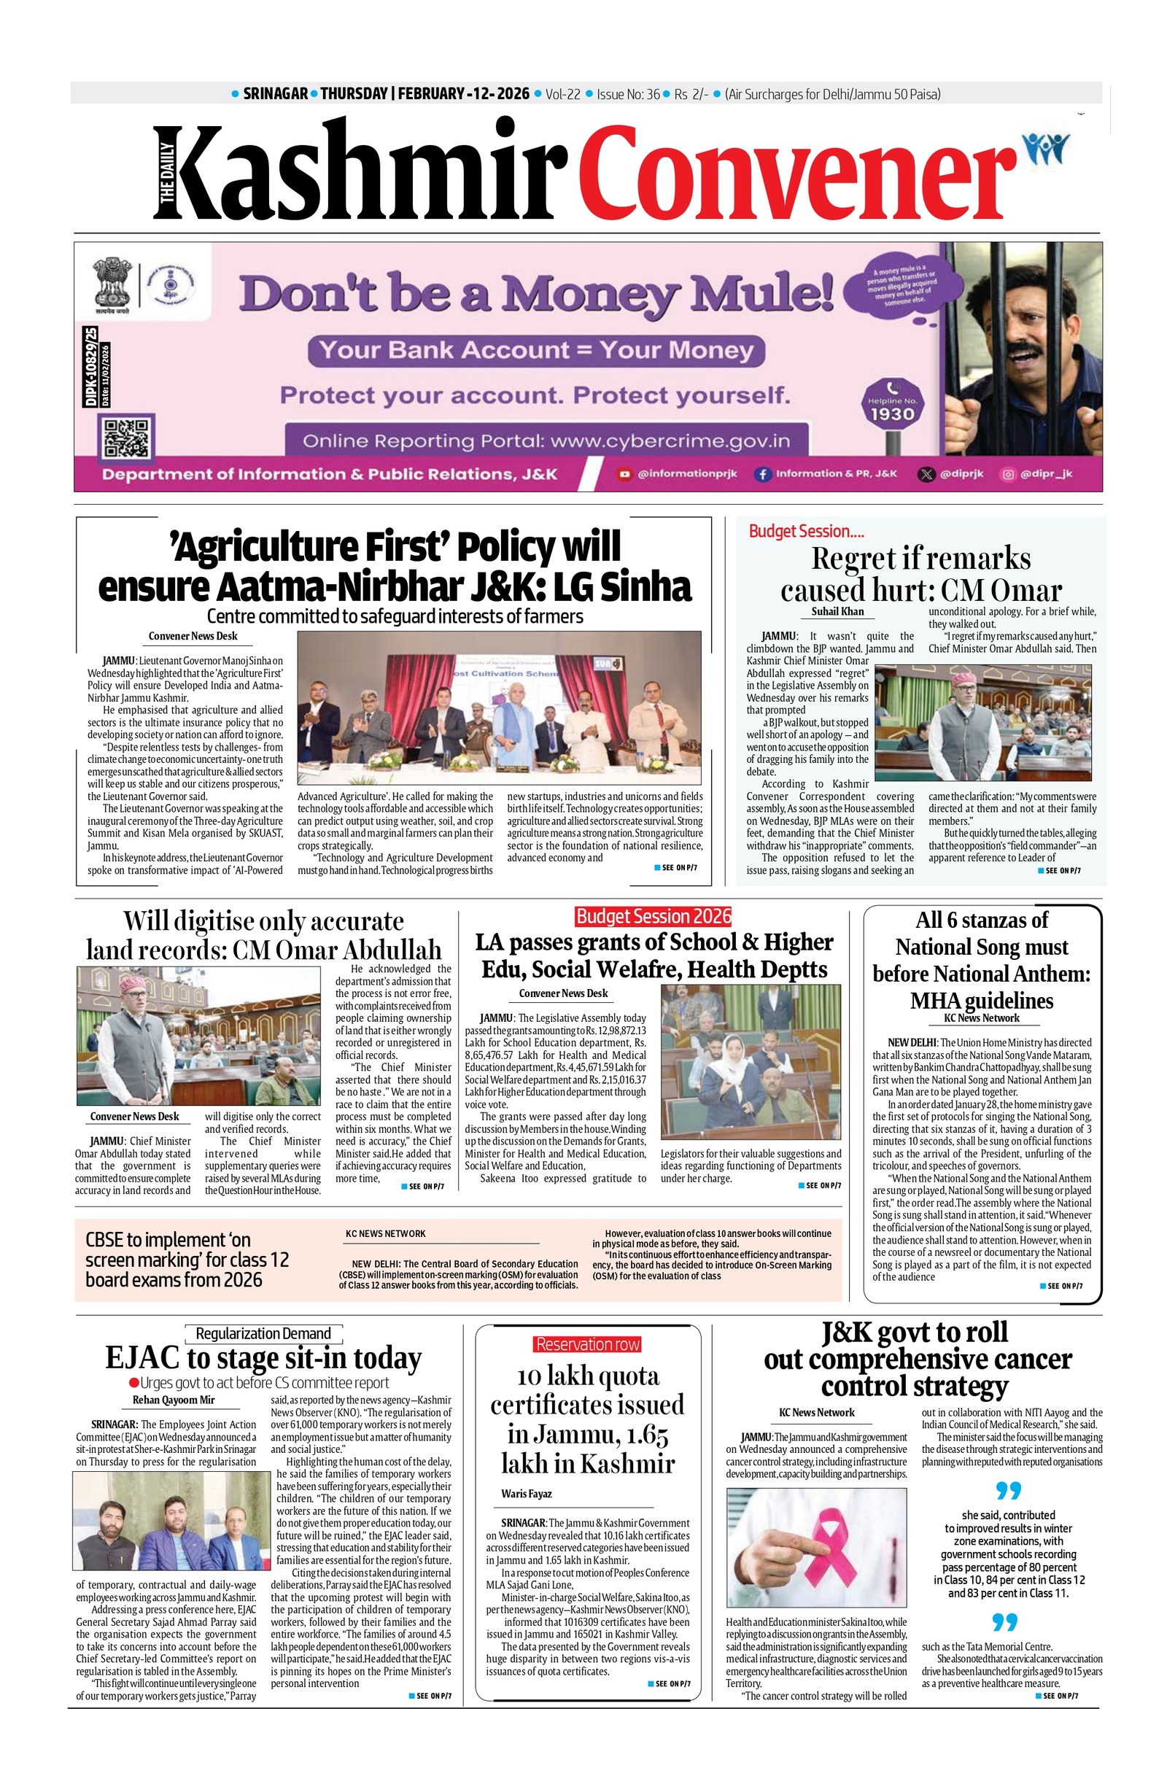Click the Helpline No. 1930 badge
tap(892, 407)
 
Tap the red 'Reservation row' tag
tap(587, 1344)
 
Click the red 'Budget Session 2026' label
tap(653, 915)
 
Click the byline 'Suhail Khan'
tap(837, 612)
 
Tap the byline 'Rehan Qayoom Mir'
tap(173, 1399)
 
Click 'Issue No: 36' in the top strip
tap(627, 94)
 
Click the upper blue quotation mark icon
tap(1007, 1490)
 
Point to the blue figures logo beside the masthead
tap(1047, 149)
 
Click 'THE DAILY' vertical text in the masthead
tap(166, 173)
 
